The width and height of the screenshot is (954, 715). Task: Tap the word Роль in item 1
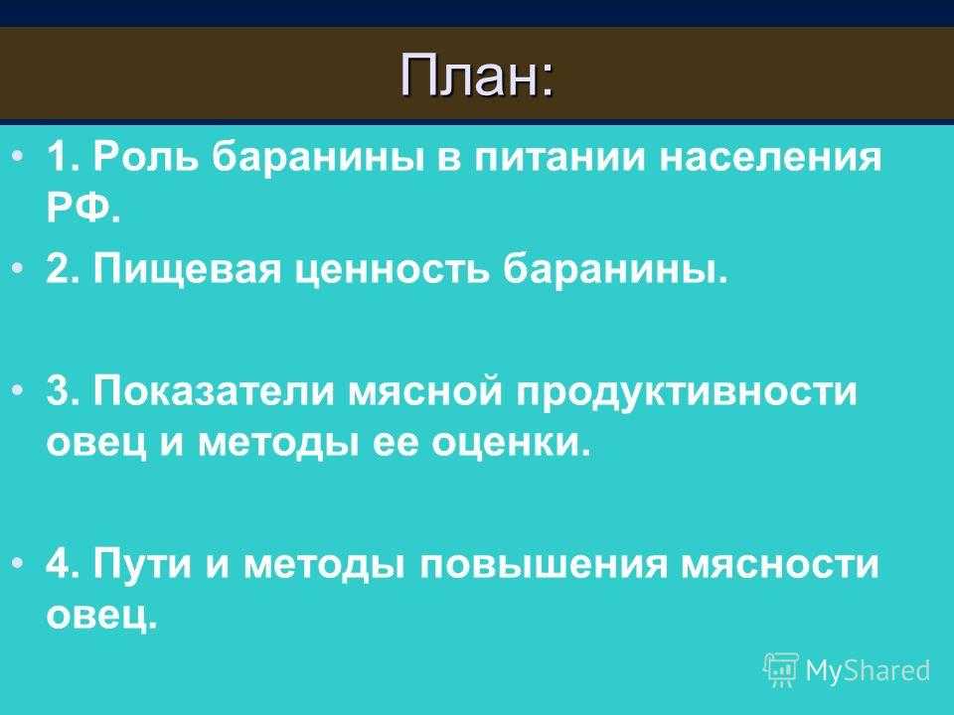tap(147, 158)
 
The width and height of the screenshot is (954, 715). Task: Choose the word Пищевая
tap(187, 269)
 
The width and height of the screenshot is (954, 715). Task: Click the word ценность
tap(392, 270)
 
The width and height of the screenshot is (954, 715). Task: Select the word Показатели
tap(214, 390)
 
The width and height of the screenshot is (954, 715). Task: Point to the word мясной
tap(426, 390)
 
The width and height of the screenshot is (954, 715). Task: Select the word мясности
tap(779, 565)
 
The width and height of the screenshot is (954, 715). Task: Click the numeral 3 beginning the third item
tap(58, 390)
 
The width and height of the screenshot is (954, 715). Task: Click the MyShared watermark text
tap(868, 670)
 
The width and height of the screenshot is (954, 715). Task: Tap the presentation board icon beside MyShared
tap(781, 669)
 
